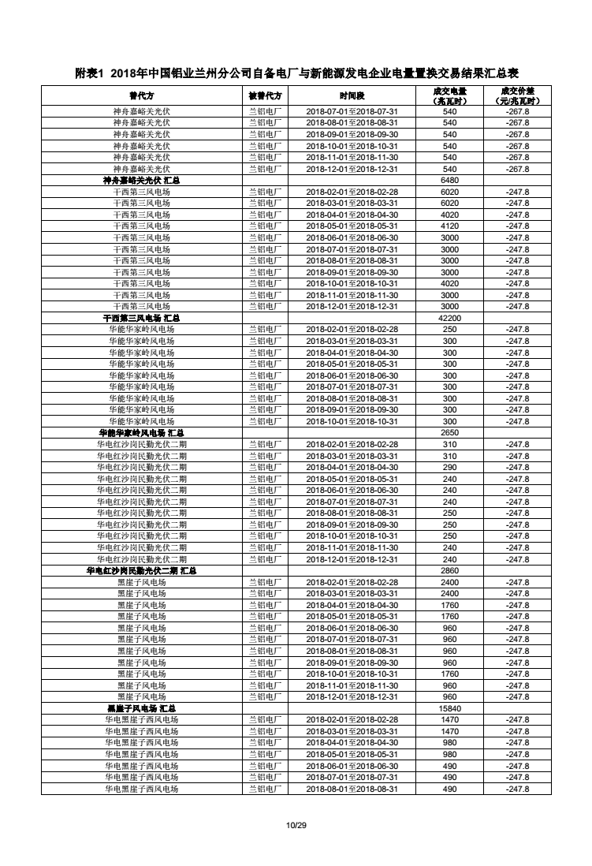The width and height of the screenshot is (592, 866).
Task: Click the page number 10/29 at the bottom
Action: [x=296, y=825]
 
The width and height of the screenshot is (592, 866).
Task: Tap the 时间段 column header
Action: [x=352, y=95]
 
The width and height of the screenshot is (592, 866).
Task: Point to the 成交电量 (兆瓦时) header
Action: [x=449, y=95]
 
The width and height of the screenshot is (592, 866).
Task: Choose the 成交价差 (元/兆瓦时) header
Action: [x=517, y=95]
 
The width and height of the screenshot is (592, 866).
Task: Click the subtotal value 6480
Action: [x=449, y=181]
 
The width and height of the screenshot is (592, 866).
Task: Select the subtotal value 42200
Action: [x=449, y=318]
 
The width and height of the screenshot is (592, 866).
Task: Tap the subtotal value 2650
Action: [x=449, y=433]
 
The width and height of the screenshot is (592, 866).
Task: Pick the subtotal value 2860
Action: [x=449, y=570]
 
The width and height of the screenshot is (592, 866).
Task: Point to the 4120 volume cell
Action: [x=449, y=226]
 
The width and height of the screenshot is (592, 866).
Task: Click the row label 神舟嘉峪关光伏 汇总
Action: [x=142, y=181]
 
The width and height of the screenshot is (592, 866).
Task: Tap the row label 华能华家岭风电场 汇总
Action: [x=142, y=433]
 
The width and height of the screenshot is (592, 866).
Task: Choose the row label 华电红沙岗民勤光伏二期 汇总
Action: [x=142, y=570]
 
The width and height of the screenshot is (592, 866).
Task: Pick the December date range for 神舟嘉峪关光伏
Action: [x=352, y=169]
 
